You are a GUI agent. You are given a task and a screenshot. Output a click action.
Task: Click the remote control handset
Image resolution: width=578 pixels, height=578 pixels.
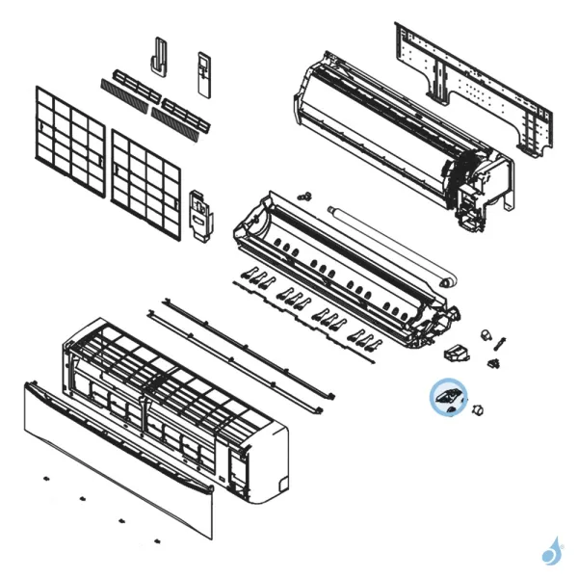204,73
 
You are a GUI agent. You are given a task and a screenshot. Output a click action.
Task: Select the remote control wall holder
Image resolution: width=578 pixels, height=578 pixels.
159,57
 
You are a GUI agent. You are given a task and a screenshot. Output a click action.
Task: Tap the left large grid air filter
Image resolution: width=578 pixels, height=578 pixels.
68,141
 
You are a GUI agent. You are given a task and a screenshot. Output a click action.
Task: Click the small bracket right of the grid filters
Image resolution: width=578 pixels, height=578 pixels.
200,215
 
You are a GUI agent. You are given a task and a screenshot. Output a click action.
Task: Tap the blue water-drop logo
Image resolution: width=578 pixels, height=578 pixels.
552,551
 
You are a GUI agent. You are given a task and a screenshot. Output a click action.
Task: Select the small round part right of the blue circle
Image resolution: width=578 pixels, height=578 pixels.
478,411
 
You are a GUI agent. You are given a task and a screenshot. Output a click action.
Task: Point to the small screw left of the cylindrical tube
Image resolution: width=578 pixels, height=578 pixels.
306,196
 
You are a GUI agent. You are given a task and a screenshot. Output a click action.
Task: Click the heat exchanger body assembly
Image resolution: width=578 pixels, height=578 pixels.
405,135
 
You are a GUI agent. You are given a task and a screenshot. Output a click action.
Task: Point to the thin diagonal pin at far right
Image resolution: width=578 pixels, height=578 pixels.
501,342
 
